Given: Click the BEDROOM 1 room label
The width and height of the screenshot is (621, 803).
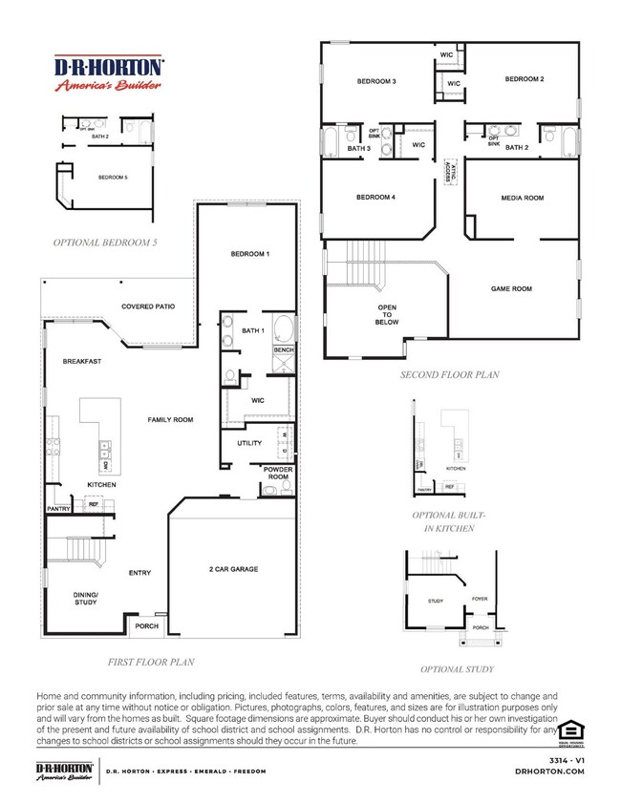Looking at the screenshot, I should click(250, 254).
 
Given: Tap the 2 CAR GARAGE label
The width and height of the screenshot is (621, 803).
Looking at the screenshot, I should click(232, 569).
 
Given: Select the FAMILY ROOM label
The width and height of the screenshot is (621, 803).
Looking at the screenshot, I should click(170, 420).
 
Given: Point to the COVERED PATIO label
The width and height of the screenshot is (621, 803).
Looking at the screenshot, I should click(148, 306).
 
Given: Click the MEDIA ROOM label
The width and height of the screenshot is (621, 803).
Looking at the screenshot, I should click(522, 198).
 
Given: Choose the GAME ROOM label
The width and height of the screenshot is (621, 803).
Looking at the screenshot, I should click(511, 288).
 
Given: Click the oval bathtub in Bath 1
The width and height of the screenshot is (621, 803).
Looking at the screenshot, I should click(284, 331).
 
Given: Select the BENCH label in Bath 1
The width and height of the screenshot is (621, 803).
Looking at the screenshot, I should click(284, 350).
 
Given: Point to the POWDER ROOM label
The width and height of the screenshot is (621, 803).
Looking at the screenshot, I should click(278, 475).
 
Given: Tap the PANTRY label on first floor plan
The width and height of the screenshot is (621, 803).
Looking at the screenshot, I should click(59, 509).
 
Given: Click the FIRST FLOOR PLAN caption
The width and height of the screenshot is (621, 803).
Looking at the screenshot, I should click(154, 660).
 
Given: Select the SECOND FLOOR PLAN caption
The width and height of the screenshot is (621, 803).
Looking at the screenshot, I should click(449, 375).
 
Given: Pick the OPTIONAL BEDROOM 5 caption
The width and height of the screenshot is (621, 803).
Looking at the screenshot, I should click(105, 243).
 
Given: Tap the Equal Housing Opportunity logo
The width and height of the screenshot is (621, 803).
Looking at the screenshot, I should click(570, 729).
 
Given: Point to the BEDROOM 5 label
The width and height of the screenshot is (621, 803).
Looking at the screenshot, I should click(114, 178).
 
